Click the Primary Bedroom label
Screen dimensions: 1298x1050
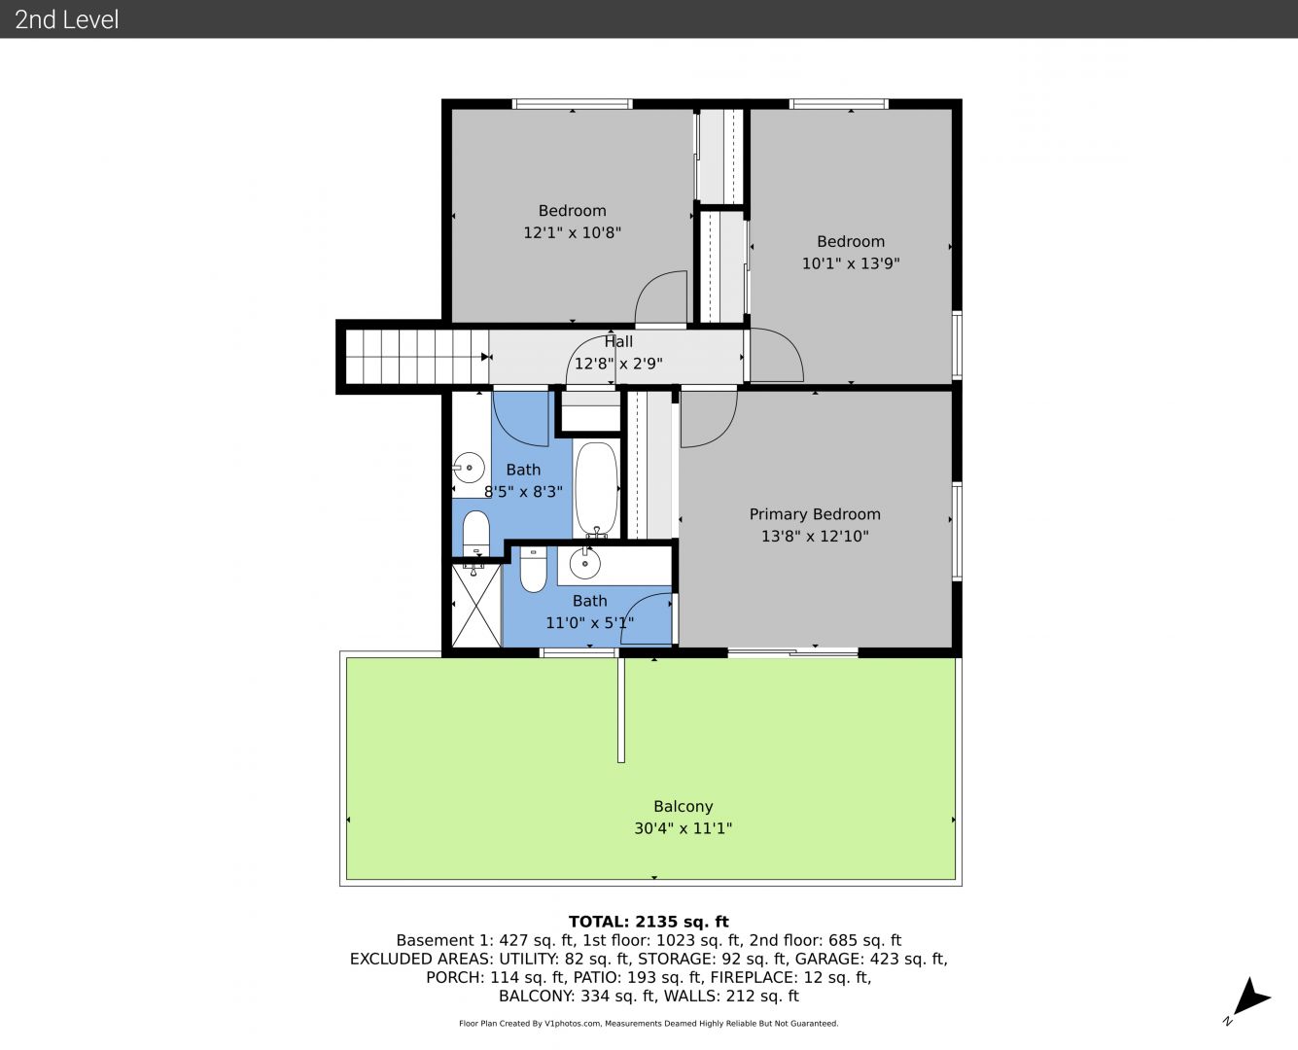pyautogui.click(x=815, y=514)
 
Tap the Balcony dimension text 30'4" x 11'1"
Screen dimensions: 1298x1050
pyautogui.click(x=684, y=828)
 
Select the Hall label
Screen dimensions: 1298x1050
pyautogui.click(x=618, y=341)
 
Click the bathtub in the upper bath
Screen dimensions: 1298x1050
pyautogui.click(x=596, y=489)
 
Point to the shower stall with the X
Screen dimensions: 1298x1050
pyautogui.click(x=476, y=606)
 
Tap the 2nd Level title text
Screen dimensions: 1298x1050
pyautogui.click(x=66, y=19)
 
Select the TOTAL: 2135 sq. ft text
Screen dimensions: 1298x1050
pyautogui.click(x=649, y=922)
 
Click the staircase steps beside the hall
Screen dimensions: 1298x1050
pyautogui.click(x=417, y=357)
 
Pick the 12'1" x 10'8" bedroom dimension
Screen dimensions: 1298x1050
pyautogui.click(x=573, y=232)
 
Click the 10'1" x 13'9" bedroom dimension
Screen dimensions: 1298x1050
pyautogui.click(x=851, y=263)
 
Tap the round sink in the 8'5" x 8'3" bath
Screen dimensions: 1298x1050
pyautogui.click(x=470, y=468)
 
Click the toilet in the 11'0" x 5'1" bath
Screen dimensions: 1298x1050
pyautogui.click(x=533, y=569)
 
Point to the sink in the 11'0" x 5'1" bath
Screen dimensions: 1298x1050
pyautogui.click(x=585, y=563)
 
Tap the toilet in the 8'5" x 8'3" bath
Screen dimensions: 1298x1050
pyautogui.click(x=476, y=532)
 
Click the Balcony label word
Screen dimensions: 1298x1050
pyautogui.click(x=684, y=807)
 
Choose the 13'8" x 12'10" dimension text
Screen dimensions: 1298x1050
pyautogui.click(x=815, y=537)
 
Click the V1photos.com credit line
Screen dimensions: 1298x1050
pyautogui.click(x=649, y=1024)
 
